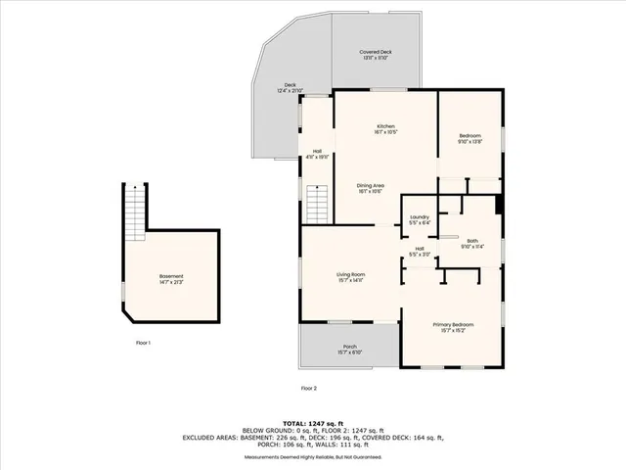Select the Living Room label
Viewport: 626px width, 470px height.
click(x=350, y=277)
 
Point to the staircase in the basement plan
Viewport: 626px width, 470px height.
click(x=134, y=211)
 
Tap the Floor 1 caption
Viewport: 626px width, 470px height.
click(x=143, y=343)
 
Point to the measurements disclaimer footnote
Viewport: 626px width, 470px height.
click(x=312, y=457)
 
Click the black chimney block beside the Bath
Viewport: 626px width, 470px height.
click(x=500, y=206)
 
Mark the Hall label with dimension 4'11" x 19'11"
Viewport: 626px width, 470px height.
click(x=318, y=154)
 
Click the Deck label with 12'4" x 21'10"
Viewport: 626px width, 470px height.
click(x=291, y=88)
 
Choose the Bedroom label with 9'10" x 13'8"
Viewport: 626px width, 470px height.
click(x=471, y=138)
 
